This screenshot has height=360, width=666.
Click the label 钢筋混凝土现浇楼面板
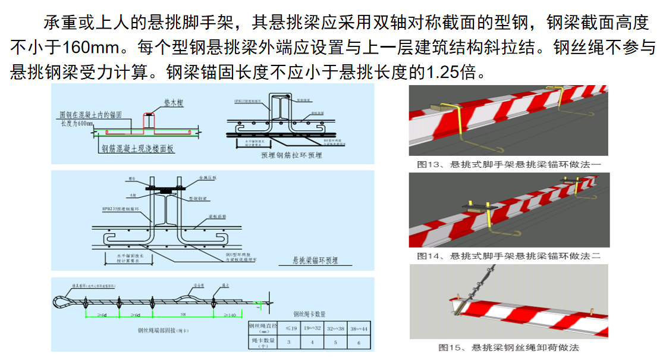pos(137,149)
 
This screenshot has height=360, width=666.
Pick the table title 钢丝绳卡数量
pos(310,314)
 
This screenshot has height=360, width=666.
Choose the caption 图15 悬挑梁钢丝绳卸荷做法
pos(508,348)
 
